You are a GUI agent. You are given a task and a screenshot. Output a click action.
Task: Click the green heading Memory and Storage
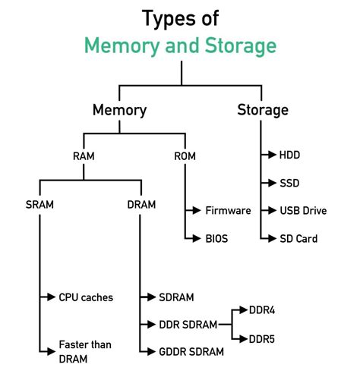pyautogui.click(x=180, y=46)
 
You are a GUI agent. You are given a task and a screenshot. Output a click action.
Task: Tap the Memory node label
pyautogui.click(x=119, y=110)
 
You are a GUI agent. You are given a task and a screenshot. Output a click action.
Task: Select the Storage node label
pyautogui.click(x=263, y=110)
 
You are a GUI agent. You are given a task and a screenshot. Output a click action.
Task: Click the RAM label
pyautogui.click(x=84, y=156)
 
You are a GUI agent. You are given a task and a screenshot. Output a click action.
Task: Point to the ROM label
pyautogui.click(x=185, y=156)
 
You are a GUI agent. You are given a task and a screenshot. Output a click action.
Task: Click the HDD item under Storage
pyautogui.click(x=289, y=155)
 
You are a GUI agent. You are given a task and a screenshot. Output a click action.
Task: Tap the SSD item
pyautogui.click(x=289, y=183)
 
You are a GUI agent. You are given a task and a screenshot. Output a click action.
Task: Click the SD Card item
pyautogui.click(x=298, y=238)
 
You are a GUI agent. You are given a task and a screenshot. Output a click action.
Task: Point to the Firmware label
pyautogui.click(x=228, y=210)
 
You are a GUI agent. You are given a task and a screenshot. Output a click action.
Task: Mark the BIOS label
pyautogui.click(x=216, y=238)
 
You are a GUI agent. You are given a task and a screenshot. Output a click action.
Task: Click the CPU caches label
pyautogui.click(x=86, y=297)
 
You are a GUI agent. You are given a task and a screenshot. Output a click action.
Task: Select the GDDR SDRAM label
pyautogui.click(x=191, y=351)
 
